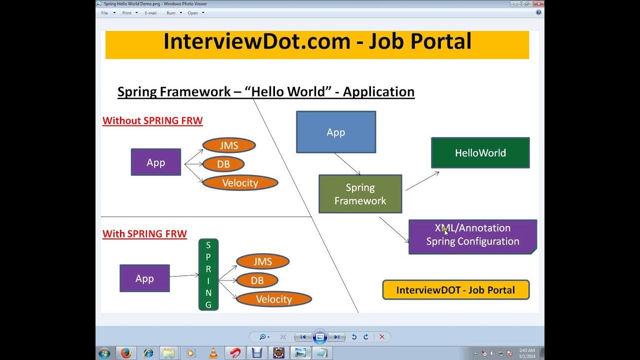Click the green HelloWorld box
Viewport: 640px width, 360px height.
click(480, 153)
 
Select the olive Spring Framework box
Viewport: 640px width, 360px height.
click(360, 194)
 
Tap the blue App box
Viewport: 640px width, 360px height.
click(335, 132)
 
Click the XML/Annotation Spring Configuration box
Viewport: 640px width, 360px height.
click(472, 235)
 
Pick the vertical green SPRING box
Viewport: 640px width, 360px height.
click(208, 274)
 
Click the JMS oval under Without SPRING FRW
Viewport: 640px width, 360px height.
click(229, 145)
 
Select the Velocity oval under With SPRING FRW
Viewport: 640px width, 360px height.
click(273, 299)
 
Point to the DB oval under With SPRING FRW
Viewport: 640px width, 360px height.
click(257, 280)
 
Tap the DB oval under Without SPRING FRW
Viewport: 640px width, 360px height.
click(223, 164)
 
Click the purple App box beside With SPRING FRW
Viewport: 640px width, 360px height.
click(144, 278)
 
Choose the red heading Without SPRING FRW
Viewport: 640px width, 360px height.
click(152, 120)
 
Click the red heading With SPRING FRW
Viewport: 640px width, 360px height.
click(144, 233)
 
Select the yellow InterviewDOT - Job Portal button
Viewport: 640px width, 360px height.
click(455, 290)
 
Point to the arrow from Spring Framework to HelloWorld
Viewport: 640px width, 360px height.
click(422, 181)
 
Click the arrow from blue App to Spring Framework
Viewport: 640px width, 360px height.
click(347, 163)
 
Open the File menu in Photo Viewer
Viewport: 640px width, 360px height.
click(104, 13)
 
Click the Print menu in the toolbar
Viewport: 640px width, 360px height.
click(127, 13)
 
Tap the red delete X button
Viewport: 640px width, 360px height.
click(382, 337)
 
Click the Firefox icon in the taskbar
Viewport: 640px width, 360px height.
click(126, 353)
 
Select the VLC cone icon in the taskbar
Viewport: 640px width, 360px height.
click(213, 353)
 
